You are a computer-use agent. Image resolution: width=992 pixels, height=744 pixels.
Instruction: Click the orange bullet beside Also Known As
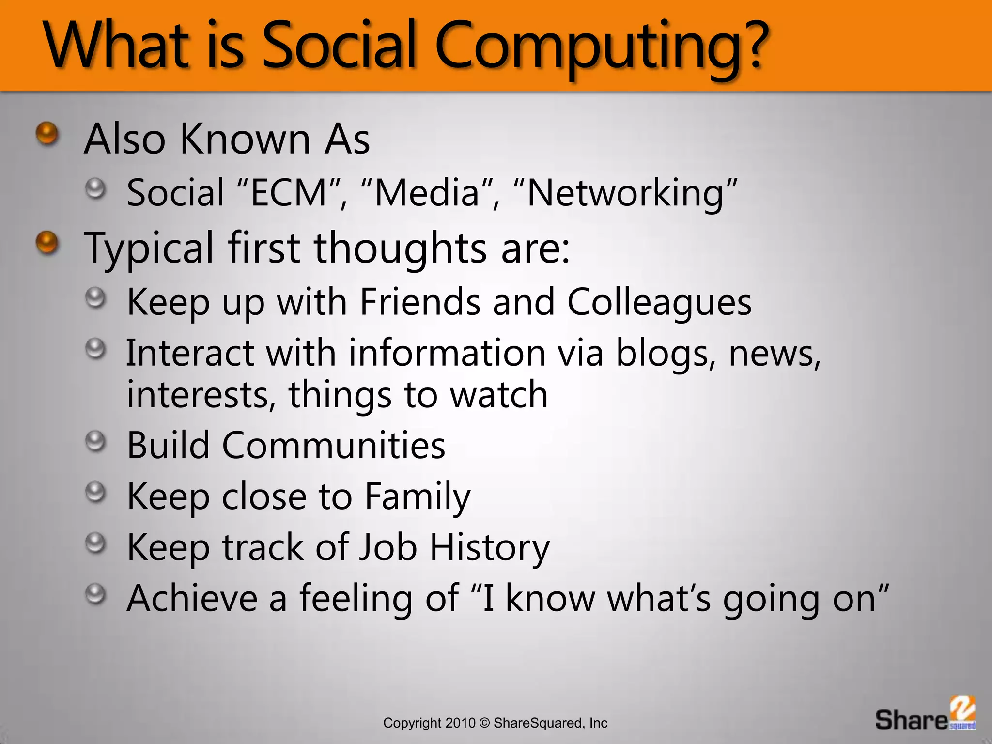point(47,133)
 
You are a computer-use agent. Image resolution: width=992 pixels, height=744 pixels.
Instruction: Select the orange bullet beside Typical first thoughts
point(47,242)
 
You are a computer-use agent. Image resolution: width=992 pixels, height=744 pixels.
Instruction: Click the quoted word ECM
point(290,193)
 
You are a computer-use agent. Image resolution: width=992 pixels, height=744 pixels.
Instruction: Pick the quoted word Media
point(427,193)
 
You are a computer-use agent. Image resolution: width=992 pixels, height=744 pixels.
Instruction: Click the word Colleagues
point(659,302)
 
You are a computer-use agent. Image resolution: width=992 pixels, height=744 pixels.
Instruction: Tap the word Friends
point(420,301)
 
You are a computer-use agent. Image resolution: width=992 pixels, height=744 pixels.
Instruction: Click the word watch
point(499,395)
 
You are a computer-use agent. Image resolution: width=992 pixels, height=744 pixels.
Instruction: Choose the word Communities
point(333,445)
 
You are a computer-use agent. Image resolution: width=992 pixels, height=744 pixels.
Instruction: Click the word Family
point(417,497)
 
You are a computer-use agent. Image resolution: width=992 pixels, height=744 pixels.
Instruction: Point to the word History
point(490,547)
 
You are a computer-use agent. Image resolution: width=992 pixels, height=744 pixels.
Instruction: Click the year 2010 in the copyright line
point(460,723)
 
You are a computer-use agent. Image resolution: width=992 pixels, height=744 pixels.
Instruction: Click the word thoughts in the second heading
point(400,248)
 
